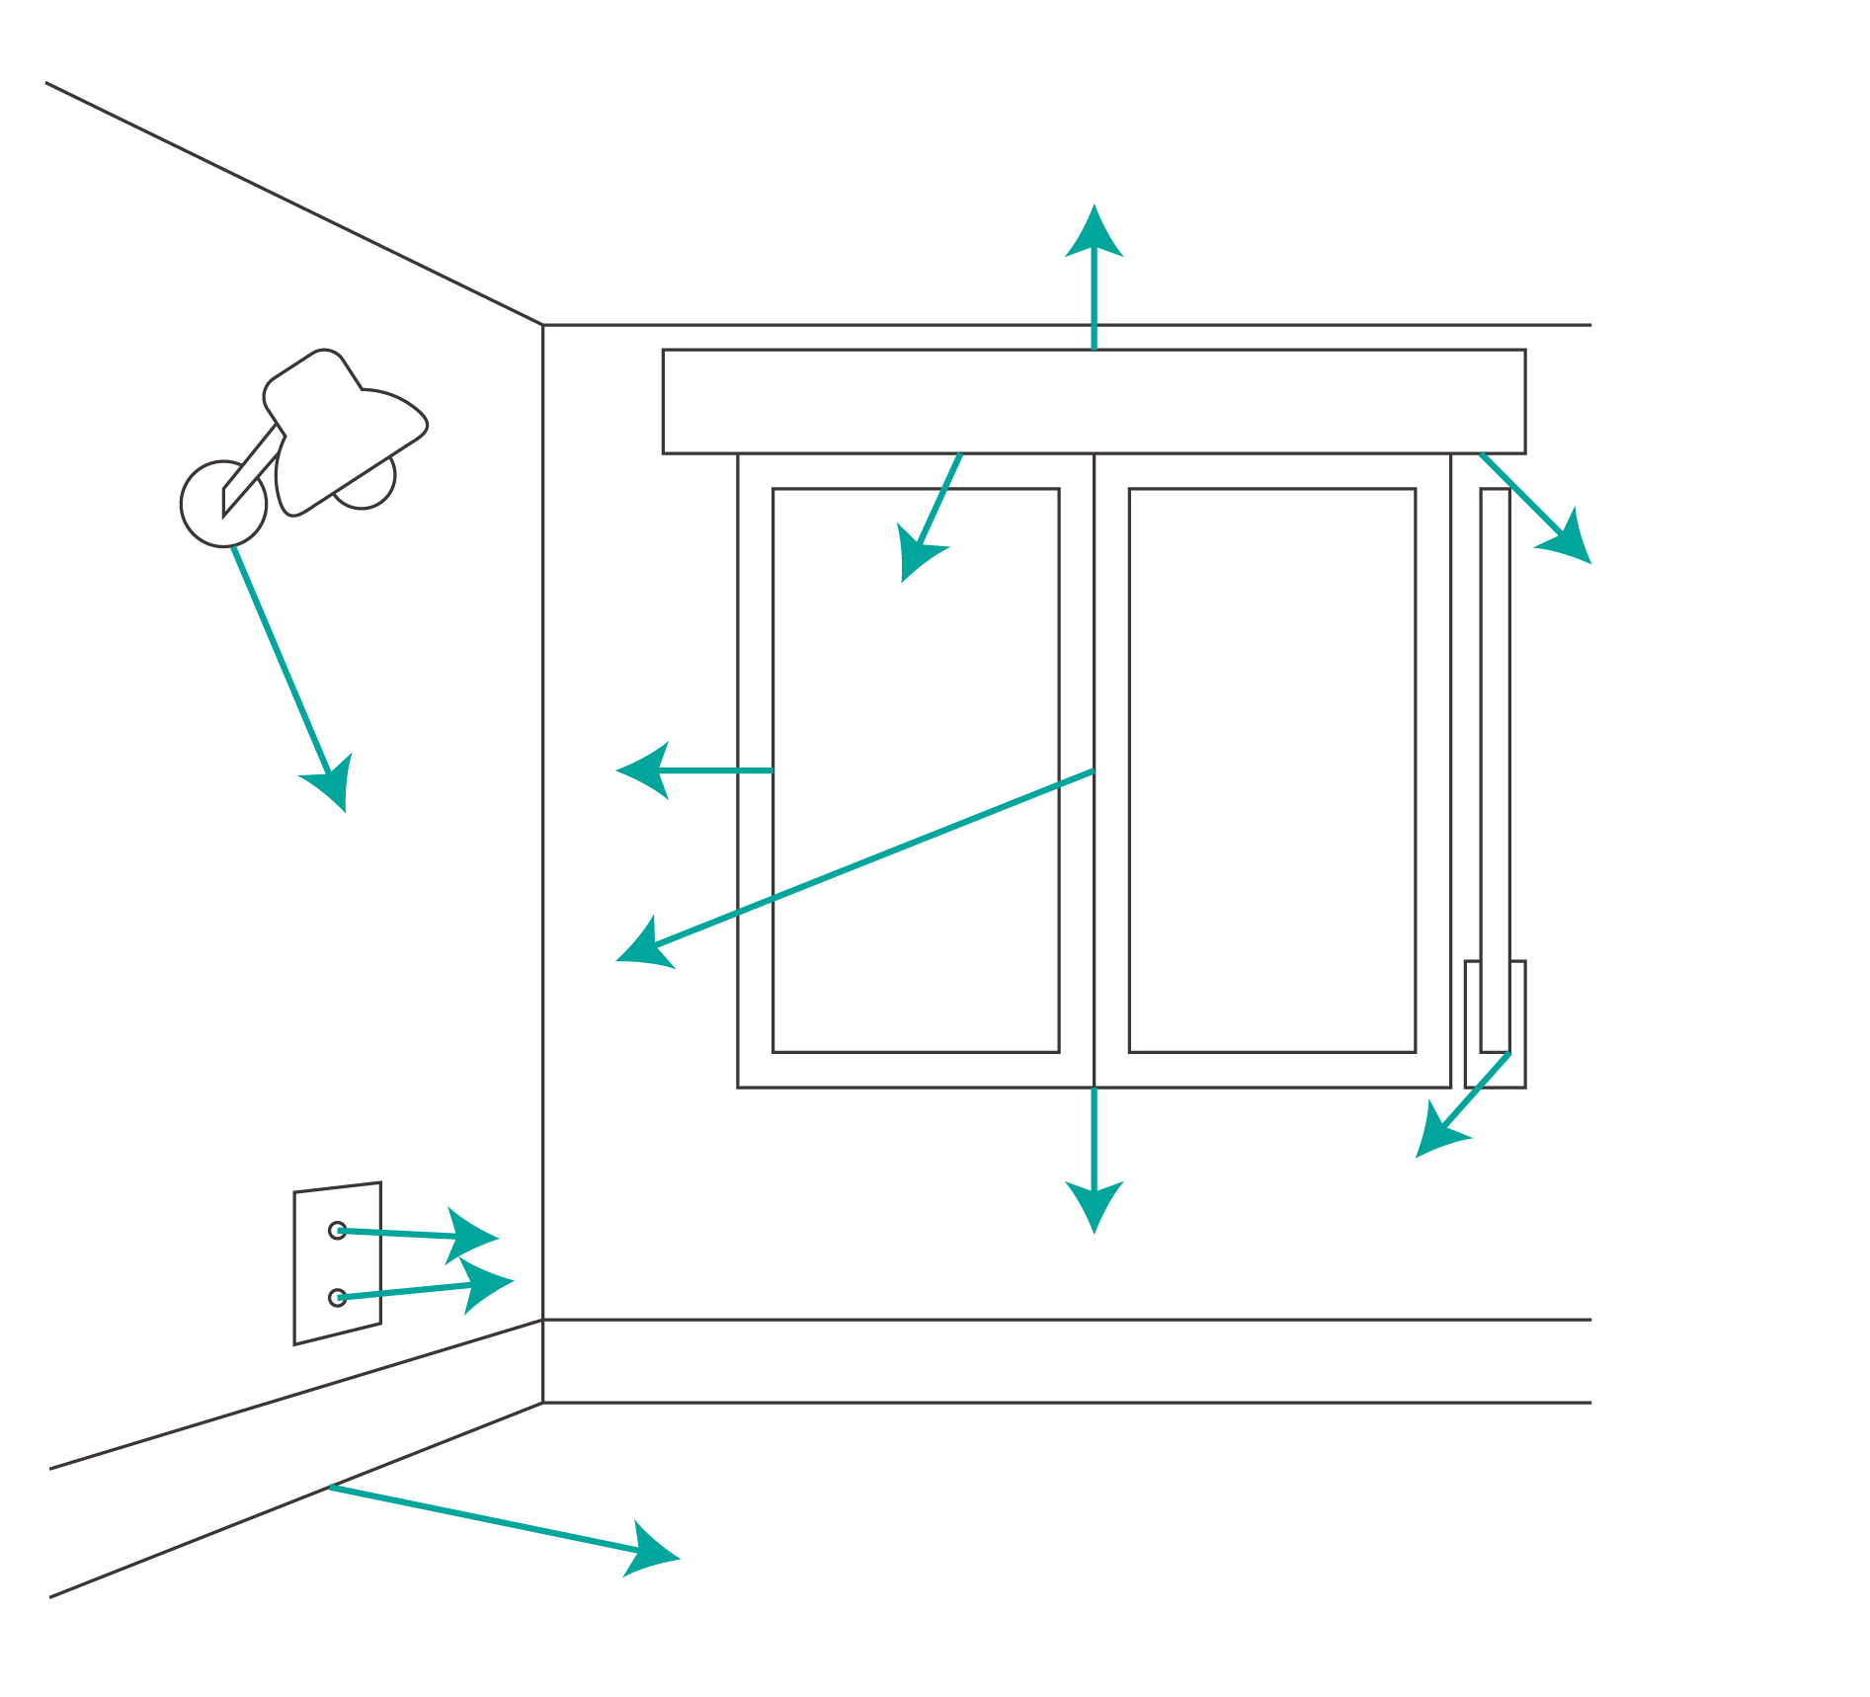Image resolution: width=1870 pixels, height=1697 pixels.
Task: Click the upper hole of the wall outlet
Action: click(x=337, y=1230)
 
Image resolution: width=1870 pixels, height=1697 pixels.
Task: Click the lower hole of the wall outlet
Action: click(x=337, y=1297)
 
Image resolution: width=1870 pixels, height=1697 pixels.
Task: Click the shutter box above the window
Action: click(x=1094, y=401)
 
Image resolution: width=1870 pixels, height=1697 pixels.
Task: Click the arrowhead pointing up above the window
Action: click(x=1094, y=233)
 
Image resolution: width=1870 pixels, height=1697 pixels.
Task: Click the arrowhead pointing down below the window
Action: click(x=1094, y=1205)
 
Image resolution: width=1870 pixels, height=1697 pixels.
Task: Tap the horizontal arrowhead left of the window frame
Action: click(x=644, y=770)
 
